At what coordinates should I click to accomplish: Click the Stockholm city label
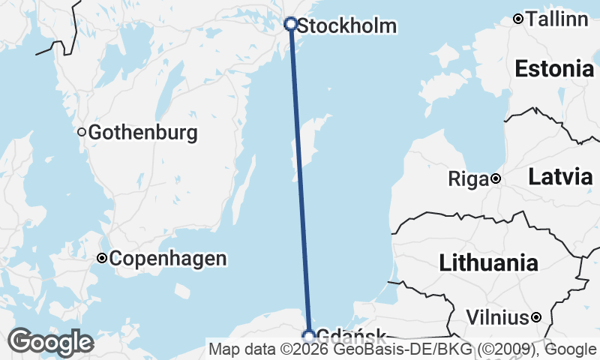click(346, 26)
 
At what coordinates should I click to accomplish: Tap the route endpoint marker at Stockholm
click(291, 24)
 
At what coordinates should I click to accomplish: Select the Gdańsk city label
click(352, 336)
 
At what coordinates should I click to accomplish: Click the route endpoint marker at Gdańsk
click(308, 336)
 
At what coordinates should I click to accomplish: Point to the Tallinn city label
click(557, 19)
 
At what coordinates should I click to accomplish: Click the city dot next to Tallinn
click(517, 19)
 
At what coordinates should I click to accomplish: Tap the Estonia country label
click(554, 69)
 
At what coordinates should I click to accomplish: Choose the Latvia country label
click(560, 177)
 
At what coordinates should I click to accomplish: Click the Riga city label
click(468, 179)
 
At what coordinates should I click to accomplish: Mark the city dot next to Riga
click(496, 178)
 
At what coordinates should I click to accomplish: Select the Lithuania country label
click(488, 262)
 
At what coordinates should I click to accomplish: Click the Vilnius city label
click(497, 318)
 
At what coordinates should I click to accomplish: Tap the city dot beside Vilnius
click(536, 318)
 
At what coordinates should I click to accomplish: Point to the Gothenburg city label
click(142, 133)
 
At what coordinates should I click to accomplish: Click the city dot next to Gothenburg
click(82, 133)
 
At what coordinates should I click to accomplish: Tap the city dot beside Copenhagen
click(102, 259)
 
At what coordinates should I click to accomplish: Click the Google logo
click(50, 342)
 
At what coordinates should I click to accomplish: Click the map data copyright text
click(403, 349)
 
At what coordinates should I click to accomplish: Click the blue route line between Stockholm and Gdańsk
click(299, 180)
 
